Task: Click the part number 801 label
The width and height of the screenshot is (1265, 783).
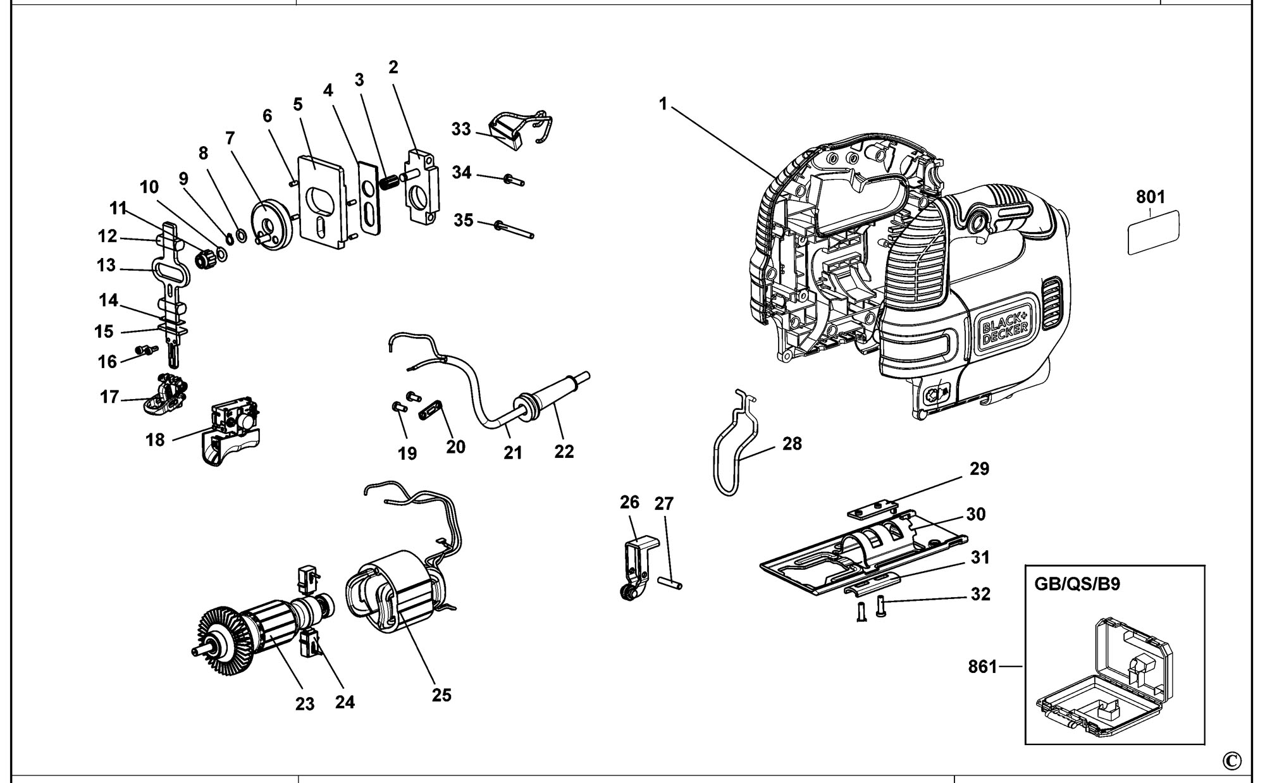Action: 1151,197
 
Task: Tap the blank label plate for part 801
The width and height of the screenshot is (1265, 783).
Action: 1154,232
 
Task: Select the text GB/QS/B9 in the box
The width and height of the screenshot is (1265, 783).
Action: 1077,583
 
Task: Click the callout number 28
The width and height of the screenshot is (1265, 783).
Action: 792,444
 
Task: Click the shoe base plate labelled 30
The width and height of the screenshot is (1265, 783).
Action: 863,553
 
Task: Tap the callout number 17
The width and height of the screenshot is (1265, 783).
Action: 109,397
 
